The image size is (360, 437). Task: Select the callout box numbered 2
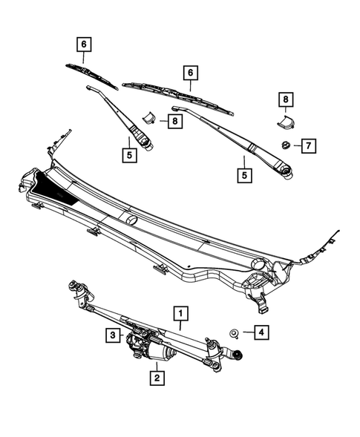pyautogui.click(x=156, y=378)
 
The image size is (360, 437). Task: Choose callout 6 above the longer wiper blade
pyautogui.click(x=191, y=73)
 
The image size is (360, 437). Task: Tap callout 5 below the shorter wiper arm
pyautogui.click(x=131, y=156)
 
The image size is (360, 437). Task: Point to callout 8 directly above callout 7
pyautogui.click(x=284, y=98)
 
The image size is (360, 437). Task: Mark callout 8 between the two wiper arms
pyautogui.click(x=174, y=121)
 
